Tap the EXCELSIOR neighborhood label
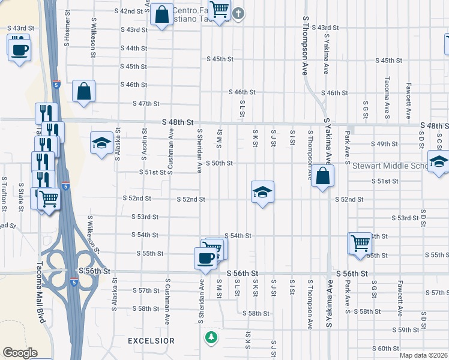[x=151, y=341]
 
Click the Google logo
[x=20, y=353]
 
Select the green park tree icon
[x=210, y=337]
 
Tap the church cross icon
[x=238, y=13]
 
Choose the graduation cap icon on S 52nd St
[x=262, y=192]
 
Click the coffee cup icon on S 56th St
[x=205, y=258]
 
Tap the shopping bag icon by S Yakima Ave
[x=323, y=176]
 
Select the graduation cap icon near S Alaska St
[x=101, y=143]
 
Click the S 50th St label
[x=220, y=163]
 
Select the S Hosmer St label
[x=67, y=35]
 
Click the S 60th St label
[x=385, y=349]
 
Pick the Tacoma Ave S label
[x=388, y=90]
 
